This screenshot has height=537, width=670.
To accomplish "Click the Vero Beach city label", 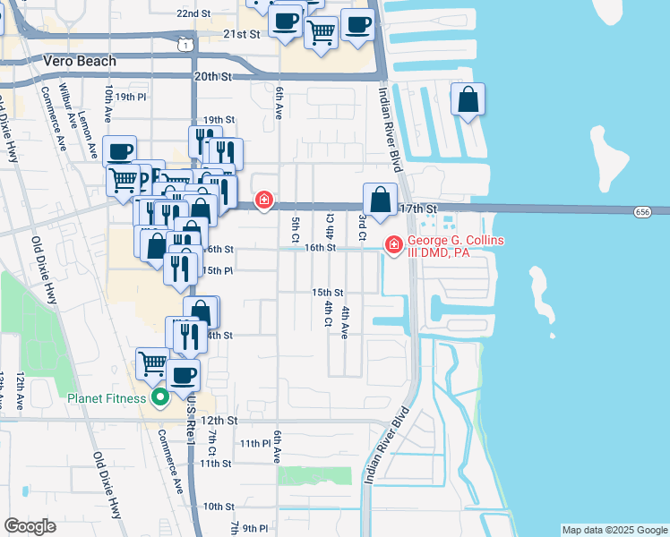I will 80,61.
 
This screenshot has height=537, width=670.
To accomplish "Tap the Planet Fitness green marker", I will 160,397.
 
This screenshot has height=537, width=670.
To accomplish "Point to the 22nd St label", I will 193,14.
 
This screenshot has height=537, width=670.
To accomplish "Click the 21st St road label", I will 241,34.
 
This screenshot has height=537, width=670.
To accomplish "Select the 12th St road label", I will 219,419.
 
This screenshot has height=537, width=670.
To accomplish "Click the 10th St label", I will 218,506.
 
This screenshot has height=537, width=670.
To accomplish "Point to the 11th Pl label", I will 255,443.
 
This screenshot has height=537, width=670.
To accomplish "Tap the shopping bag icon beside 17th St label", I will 381,200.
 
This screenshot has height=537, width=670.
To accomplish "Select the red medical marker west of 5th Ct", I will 264,200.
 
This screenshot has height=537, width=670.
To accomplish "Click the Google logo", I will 30,525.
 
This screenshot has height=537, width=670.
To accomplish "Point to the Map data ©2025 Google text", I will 614,530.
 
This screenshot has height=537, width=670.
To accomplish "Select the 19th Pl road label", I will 130,97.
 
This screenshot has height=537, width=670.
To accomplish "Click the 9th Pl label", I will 255,527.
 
